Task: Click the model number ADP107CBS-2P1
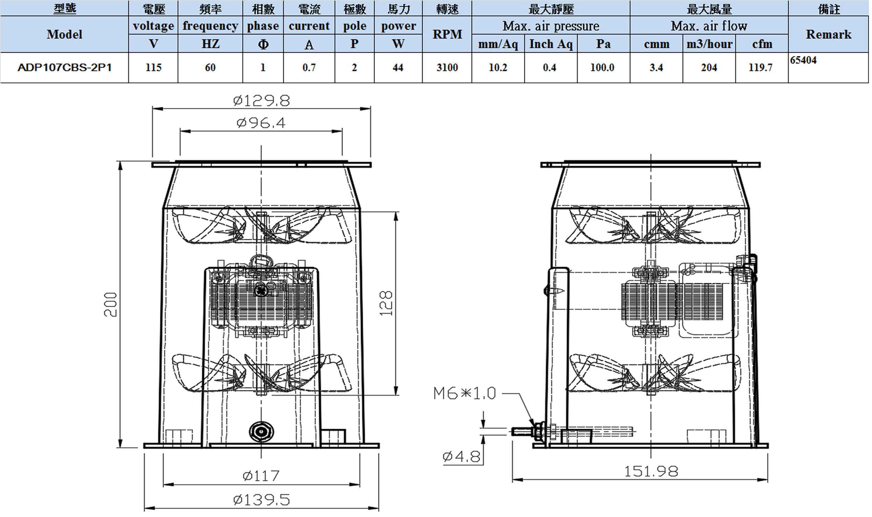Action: (64, 68)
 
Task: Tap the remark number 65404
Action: (803, 60)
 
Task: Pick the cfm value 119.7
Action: (760, 68)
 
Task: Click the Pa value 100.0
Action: (602, 68)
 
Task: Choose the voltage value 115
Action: (153, 68)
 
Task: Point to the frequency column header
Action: (210, 26)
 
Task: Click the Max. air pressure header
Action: (551, 26)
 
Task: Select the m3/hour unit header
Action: (709, 44)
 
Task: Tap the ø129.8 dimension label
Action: (261, 101)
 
